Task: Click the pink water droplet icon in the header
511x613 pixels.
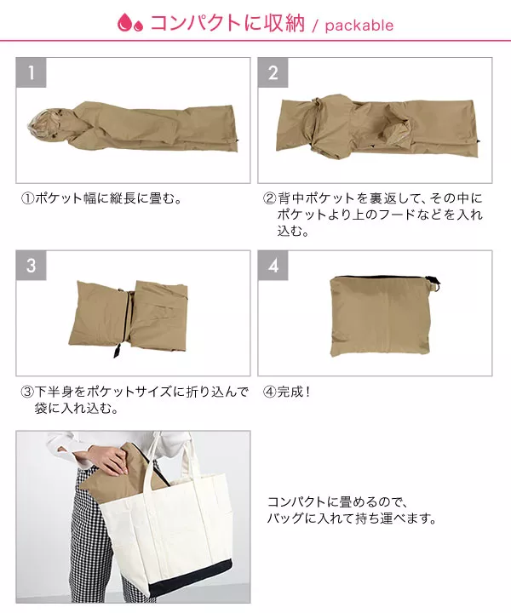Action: click(129, 22)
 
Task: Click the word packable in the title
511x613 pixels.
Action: click(359, 26)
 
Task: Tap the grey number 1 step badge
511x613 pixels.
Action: click(32, 72)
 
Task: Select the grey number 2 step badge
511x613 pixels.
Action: click(273, 72)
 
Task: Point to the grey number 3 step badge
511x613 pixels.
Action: click(32, 266)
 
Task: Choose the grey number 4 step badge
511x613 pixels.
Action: click(273, 266)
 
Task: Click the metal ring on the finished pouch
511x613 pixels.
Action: click(435, 288)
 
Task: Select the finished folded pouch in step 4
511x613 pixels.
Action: click(382, 316)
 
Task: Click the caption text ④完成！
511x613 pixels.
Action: click(287, 392)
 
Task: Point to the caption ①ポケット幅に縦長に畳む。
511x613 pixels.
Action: click(102, 198)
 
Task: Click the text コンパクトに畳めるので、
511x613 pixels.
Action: click(338, 501)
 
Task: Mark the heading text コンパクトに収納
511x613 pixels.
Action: click(227, 23)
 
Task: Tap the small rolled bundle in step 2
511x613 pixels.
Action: click(397, 132)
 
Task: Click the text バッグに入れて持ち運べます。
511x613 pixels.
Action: click(352, 518)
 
